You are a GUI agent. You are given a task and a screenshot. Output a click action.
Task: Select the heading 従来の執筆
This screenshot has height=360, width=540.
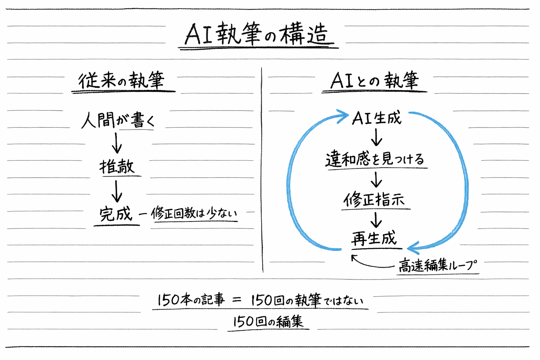point(121,81)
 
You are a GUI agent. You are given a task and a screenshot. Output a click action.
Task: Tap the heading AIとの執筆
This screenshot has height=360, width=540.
point(374,81)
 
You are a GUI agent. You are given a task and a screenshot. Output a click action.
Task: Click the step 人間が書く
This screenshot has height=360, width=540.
point(118,120)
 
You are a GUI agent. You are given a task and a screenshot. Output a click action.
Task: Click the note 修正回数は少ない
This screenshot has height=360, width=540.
point(194,213)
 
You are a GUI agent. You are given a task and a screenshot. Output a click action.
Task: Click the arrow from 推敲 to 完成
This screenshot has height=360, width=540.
point(117,191)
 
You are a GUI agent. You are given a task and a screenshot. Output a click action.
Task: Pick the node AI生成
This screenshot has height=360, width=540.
point(376,118)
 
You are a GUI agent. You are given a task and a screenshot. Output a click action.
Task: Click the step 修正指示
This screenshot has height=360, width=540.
point(374,200)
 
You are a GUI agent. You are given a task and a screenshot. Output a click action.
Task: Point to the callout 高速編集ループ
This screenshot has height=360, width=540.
point(438,265)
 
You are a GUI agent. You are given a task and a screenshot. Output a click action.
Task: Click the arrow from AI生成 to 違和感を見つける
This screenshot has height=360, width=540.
point(377,137)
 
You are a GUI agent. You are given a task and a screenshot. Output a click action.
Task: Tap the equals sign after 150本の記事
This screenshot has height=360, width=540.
point(237,300)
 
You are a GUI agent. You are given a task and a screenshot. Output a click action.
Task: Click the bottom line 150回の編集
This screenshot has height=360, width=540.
point(268,321)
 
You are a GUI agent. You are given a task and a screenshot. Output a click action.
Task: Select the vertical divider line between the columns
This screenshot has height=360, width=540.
point(262,169)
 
